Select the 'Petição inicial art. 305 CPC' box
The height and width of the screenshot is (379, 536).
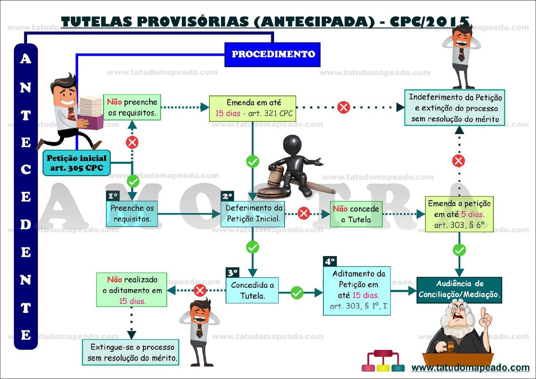pyautogui.click(x=77, y=163)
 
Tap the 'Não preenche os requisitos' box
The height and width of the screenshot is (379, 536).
pyautogui.click(x=132, y=107)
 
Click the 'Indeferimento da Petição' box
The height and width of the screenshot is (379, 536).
pyautogui.click(x=455, y=108)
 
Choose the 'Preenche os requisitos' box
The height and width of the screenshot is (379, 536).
pyautogui.click(x=132, y=213)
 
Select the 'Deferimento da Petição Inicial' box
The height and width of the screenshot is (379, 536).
pyautogui.click(x=253, y=213)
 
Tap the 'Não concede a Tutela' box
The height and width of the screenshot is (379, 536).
pyautogui.click(x=356, y=214)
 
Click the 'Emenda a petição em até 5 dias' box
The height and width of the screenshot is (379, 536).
pyautogui.click(x=459, y=214)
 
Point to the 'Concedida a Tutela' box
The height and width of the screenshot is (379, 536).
pyautogui.click(x=252, y=290)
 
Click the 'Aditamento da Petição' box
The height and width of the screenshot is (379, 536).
pyautogui.click(x=357, y=290)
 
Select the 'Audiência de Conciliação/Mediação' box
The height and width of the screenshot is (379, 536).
pyautogui.click(x=459, y=290)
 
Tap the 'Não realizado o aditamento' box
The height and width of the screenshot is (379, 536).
pyautogui.click(x=132, y=290)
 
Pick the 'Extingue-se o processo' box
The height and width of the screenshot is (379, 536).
pyautogui.click(x=131, y=352)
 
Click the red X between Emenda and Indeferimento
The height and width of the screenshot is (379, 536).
pyautogui.click(x=343, y=107)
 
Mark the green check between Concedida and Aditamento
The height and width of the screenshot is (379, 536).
pyautogui.click(x=297, y=293)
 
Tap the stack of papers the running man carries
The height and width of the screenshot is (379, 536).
pyautogui.click(x=90, y=106)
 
